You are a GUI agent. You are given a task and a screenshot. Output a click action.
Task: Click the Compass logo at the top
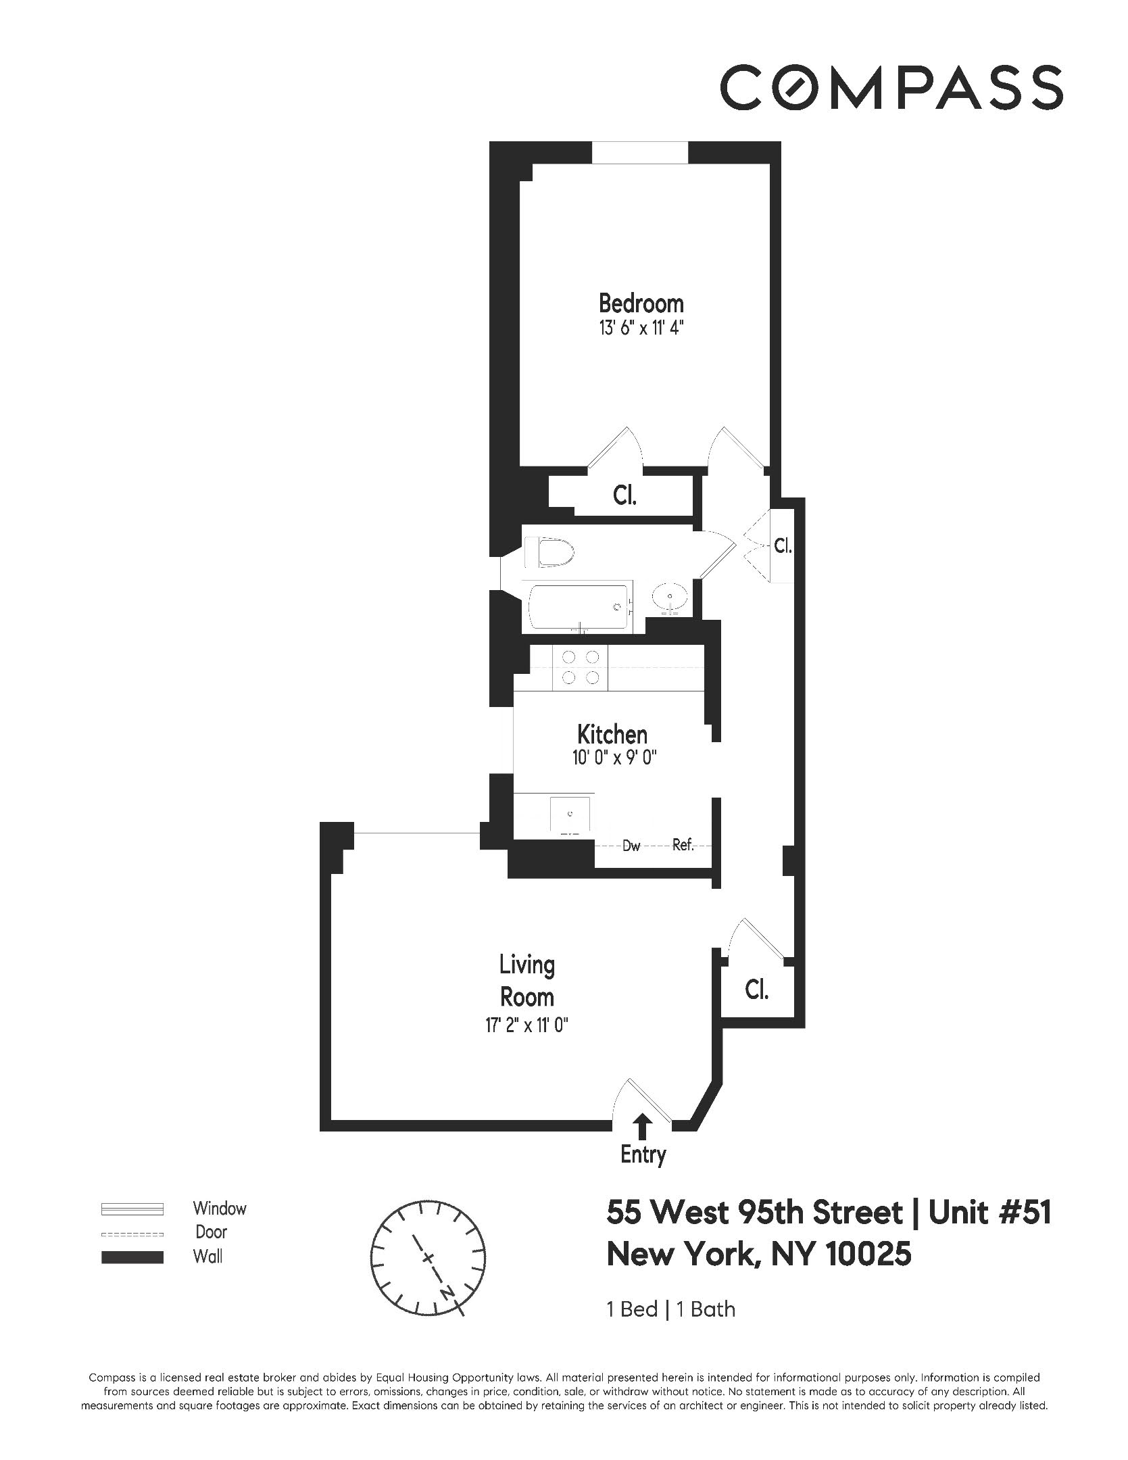891,87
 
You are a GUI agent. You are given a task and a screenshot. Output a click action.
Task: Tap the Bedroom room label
641,303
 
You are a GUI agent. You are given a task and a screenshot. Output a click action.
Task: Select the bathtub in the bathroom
580,607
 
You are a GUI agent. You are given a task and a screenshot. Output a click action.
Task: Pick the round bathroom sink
670,597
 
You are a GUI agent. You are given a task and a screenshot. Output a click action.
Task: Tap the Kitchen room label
612,734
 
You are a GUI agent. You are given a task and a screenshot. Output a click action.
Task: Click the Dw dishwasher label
631,846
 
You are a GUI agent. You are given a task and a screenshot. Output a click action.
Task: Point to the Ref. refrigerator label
683,845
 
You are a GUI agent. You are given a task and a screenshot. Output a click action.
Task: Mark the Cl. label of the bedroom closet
624,497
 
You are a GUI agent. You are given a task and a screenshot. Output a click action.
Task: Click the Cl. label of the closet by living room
756,990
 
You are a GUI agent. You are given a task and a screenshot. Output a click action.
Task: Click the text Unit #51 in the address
989,1213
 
